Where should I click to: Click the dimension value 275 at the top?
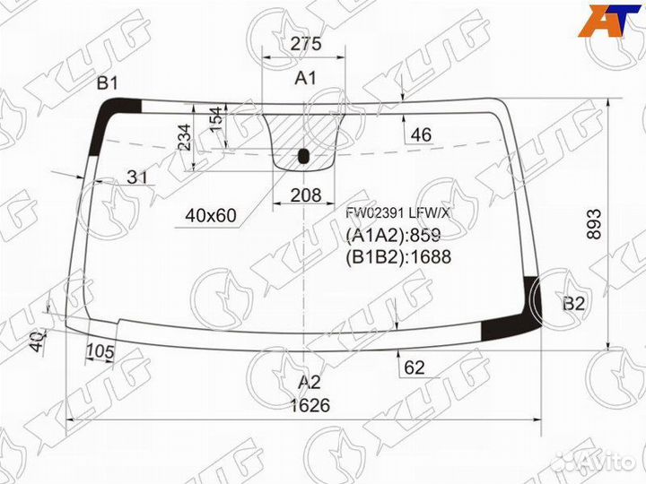pyautogui.click(x=306, y=44)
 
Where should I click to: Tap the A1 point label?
pyautogui.click(x=306, y=78)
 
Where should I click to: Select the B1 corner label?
pyautogui.click(x=108, y=83)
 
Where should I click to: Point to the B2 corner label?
pyautogui.click(x=574, y=304)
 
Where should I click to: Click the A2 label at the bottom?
pyautogui.click(x=309, y=384)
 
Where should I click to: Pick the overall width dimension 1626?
pyautogui.click(x=310, y=405)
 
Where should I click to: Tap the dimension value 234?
pyautogui.click(x=184, y=137)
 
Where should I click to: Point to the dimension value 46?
pyautogui.click(x=420, y=135)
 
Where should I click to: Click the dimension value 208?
pyautogui.click(x=306, y=194)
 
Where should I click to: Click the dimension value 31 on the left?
pyautogui.click(x=136, y=177)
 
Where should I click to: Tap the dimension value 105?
pyautogui.click(x=100, y=352)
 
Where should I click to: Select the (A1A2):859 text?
pyautogui.click(x=393, y=236)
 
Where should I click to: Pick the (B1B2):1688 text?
pyautogui.click(x=397, y=256)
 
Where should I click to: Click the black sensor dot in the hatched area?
pyautogui.click(x=303, y=156)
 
